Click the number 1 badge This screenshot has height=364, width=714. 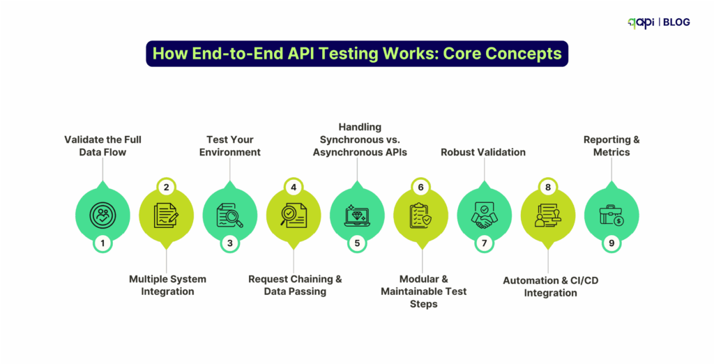pyautogui.click(x=102, y=243)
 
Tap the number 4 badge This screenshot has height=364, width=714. pyautogui.click(x=294, y=188)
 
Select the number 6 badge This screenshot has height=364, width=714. pyautogui.click(x=420, y=188)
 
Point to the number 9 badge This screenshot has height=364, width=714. pyautogui.click(x=611, y=243)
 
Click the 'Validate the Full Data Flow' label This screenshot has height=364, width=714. pyautogui.click(x=102, y=145)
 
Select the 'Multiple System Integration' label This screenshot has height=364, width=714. pyautogui.click(x=167, y=285)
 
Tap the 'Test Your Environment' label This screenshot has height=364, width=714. pyautogui.click(x=229, y=145)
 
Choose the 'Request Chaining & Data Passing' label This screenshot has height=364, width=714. pyautogui.click(x=295, y=285)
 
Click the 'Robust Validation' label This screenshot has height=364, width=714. pyautogui.click(x=483, y=151)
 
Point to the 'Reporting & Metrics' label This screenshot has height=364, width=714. pyautogui.click(x=612, y=145)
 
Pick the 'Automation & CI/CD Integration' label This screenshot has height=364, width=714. pyautogui.click(x=550, y=287)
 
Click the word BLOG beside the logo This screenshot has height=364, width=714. pyautogui.click(x=676, y=22)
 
